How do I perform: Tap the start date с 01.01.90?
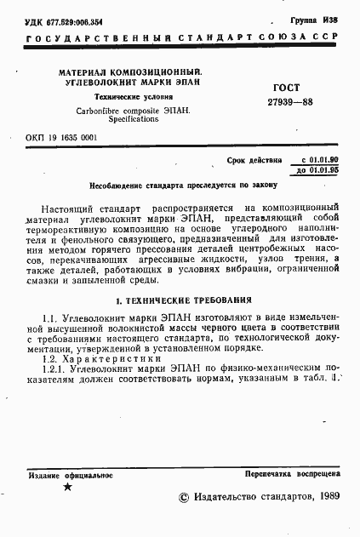coord(319,159)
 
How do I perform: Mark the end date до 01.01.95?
coord(319,170)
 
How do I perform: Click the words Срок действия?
coord(256,159)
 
